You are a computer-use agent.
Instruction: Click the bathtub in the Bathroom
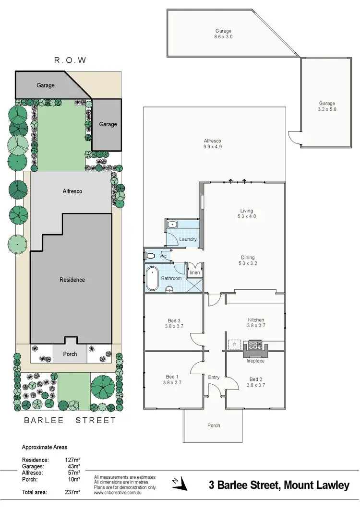tap(152, 278)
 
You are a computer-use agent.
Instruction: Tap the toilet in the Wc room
tap(150, 256)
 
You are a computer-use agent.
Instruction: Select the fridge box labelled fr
tap(235, 344)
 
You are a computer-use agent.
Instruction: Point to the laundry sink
tap(172, 225)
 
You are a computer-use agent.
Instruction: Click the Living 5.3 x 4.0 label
tap(247, 213)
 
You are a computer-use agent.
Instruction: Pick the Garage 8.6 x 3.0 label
tap(223, 34)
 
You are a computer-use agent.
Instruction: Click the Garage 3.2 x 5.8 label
tap(327, 106)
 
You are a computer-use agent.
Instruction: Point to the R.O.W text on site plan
tap(70, 61)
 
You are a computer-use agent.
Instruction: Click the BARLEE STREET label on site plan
tap(70, 421)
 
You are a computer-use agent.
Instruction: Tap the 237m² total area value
tap(72, 492)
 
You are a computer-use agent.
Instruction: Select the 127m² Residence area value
tap(72, 460)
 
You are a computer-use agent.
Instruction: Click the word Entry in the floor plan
tap(214, 377)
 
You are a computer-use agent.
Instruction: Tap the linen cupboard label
tap(194, 272)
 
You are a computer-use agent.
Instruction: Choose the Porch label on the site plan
tap(71, 355)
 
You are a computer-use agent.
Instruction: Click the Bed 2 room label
tap(256, 382)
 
